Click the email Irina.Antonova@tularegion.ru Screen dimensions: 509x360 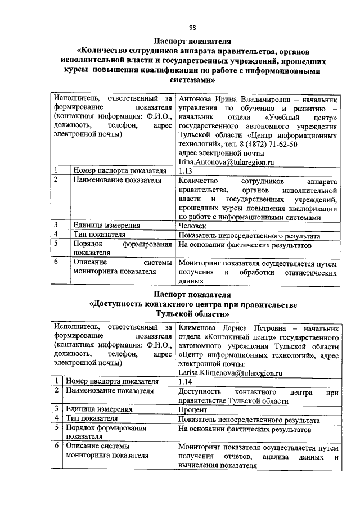[x=226, y=161]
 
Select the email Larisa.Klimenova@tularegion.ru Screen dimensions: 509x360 [x=230, y=372]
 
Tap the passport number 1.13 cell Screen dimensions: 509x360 [x=185, y=171]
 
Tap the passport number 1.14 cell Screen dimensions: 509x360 [x=184, y=381]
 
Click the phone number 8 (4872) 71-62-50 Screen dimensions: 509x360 [x=265, y=144]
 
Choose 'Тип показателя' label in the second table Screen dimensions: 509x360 [x=91, y=418]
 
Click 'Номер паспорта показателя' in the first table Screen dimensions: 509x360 [x=119, y=171]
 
